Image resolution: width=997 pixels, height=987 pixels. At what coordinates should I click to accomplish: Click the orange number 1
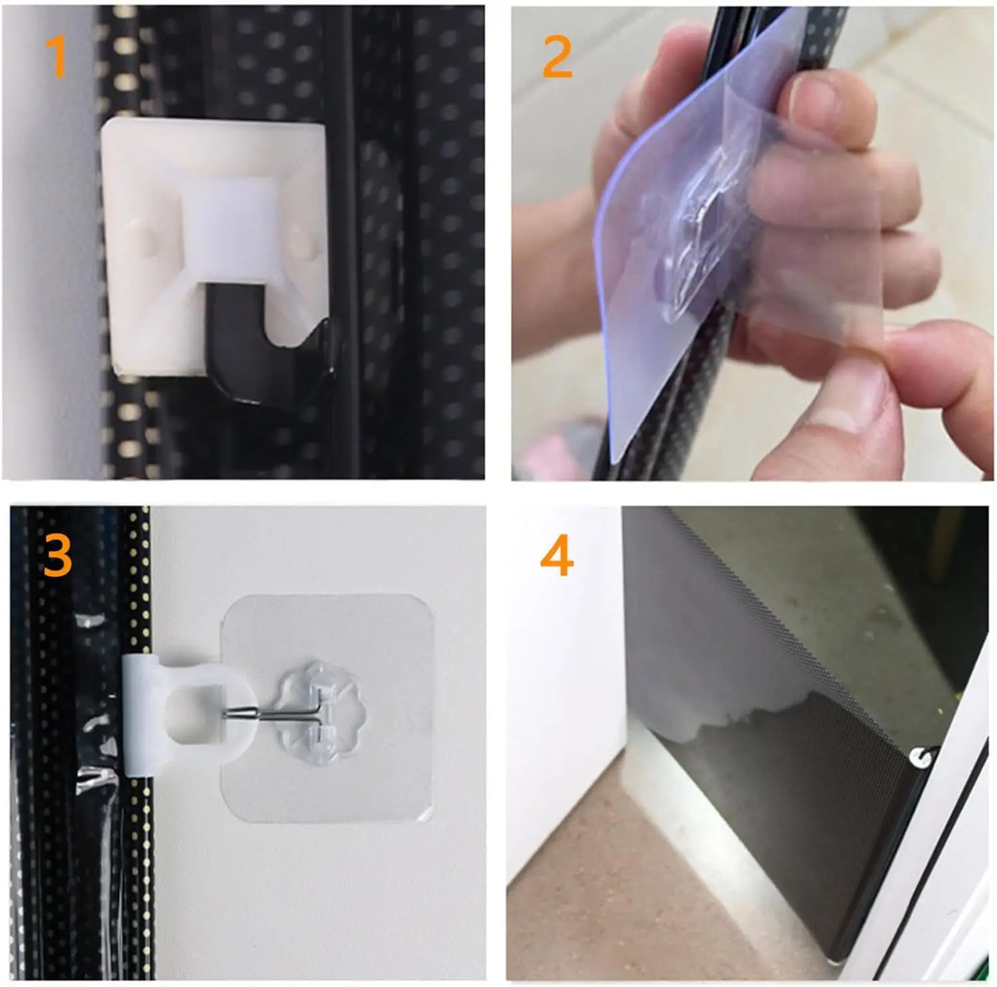click(58, 57)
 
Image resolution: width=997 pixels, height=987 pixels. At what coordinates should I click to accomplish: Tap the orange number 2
click(557, 57)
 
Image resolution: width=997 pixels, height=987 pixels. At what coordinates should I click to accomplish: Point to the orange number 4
click(557, 556)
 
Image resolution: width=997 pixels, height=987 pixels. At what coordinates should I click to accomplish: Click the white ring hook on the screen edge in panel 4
click(921, 756)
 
